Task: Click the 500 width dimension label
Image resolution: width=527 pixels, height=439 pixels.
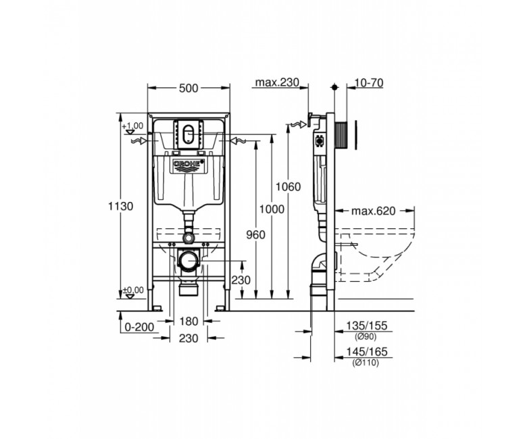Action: click(189, 88)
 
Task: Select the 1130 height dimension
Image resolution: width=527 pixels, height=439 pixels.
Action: click(121, 206)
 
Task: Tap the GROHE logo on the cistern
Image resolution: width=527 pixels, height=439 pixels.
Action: click(189, 164)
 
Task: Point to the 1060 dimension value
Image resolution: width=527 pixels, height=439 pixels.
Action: click(288, 186)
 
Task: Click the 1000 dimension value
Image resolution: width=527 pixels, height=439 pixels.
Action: click(272, 209)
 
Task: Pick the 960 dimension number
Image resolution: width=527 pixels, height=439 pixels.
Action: click(255, 235)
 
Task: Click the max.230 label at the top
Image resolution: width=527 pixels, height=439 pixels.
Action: click(277, 82)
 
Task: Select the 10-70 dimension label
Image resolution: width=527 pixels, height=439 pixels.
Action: click(369, 82)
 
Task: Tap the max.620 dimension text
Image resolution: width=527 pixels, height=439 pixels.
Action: click(373, 211)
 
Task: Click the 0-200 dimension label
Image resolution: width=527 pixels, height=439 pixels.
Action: click(139, 326)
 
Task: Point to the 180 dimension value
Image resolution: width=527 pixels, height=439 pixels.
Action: click(189, 321)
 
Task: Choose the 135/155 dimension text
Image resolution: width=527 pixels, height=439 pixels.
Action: click(367, 326)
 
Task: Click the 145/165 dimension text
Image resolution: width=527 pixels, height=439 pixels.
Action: click(367, 352)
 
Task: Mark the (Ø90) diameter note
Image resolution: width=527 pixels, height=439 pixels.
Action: click(366, 336)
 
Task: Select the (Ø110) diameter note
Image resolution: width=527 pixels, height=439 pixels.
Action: click(366, 363)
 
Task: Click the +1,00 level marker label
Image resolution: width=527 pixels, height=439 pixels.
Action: click(132, 126)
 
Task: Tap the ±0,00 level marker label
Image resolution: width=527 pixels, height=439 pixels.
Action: click(133, 290)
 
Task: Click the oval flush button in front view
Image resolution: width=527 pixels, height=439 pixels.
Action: click(189, 134)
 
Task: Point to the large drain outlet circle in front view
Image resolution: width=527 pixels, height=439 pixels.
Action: click(189, 260)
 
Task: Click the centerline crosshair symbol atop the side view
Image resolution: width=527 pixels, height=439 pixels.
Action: click(334, 87)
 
